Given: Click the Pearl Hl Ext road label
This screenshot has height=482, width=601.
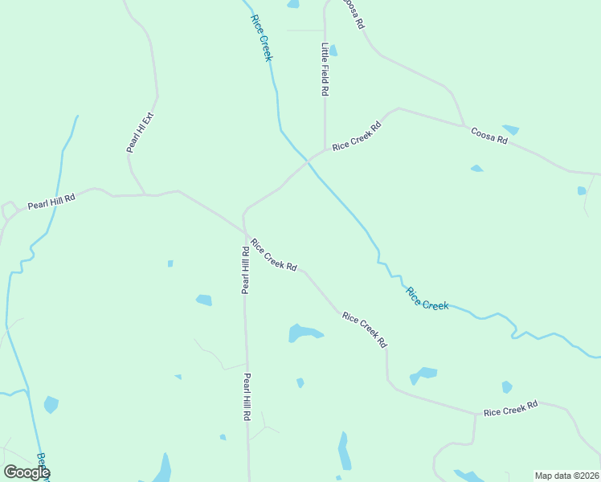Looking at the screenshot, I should coord(139,133).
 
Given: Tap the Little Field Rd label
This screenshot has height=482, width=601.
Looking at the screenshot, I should coord(325,69).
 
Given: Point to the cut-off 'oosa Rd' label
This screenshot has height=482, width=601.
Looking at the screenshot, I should coord(354,14).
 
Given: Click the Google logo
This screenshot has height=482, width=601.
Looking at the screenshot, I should coord(27,472).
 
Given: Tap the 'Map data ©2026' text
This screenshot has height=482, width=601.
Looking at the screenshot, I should coord(566,476).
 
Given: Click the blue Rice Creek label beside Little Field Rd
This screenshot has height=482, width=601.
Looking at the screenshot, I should coord(262,38).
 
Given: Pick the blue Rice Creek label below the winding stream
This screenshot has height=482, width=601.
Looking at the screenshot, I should coord(427,299).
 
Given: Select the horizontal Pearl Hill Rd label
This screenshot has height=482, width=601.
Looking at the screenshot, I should coord(51,201).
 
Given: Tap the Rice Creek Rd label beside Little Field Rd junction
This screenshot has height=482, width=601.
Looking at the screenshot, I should coord(356,137).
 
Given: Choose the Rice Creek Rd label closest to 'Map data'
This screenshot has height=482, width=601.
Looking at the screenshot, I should coord(510,409).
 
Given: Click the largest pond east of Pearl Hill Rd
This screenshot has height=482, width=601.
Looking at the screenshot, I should coord(304,333).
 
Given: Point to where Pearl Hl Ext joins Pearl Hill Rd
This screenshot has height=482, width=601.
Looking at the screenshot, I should coord(145,194).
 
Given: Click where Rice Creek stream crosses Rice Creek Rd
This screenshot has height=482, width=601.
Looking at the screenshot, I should coord(307,161).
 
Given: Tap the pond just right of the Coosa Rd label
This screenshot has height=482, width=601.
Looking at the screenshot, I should coord(511,129).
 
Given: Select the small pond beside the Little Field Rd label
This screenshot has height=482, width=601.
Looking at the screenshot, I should coord(333,51).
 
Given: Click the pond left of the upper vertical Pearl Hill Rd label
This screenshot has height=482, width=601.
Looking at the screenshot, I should coord(204,300).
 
